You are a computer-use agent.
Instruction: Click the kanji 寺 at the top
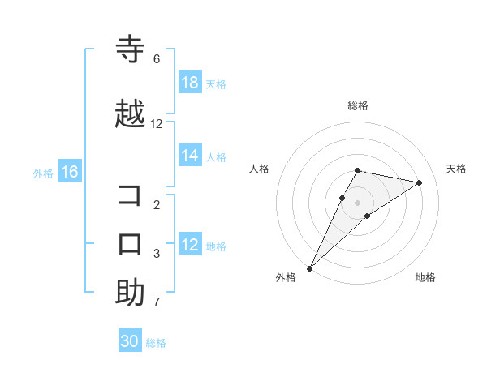click(x=130, y=49)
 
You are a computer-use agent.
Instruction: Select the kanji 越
click(x=130, y=114)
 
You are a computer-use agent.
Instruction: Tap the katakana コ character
click(x=130, y=196)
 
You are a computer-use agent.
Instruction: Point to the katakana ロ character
click(x=130, y=243)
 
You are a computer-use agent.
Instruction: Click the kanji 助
click(x=130, y=293)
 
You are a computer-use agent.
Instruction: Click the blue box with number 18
click(x=190, y=83)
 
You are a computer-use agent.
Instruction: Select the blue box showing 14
click(x=190, y=156)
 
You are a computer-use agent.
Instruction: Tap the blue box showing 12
click(x=190, y=245)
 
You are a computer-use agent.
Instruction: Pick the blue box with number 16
click(x=69, y=172)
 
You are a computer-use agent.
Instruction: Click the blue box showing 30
click(x=130, y=341)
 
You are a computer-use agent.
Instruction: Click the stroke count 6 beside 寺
click(x=157, y=59)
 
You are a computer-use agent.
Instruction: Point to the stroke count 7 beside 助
click(x=157, y=303)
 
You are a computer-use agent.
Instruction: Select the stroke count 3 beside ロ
click(x=157, y=254)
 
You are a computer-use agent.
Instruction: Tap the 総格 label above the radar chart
click(x=358, y=105)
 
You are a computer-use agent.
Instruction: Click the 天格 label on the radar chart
click(x=456, y=169)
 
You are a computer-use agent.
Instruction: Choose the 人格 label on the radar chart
click(x=260, y=169)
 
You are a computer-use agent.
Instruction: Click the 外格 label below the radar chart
click(x=286, y=277)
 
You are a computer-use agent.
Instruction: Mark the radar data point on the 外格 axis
click(x=309, y=268)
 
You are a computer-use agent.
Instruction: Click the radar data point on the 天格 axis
click(x=419, y=183)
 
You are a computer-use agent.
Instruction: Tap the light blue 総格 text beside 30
click(x=156, y=343)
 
